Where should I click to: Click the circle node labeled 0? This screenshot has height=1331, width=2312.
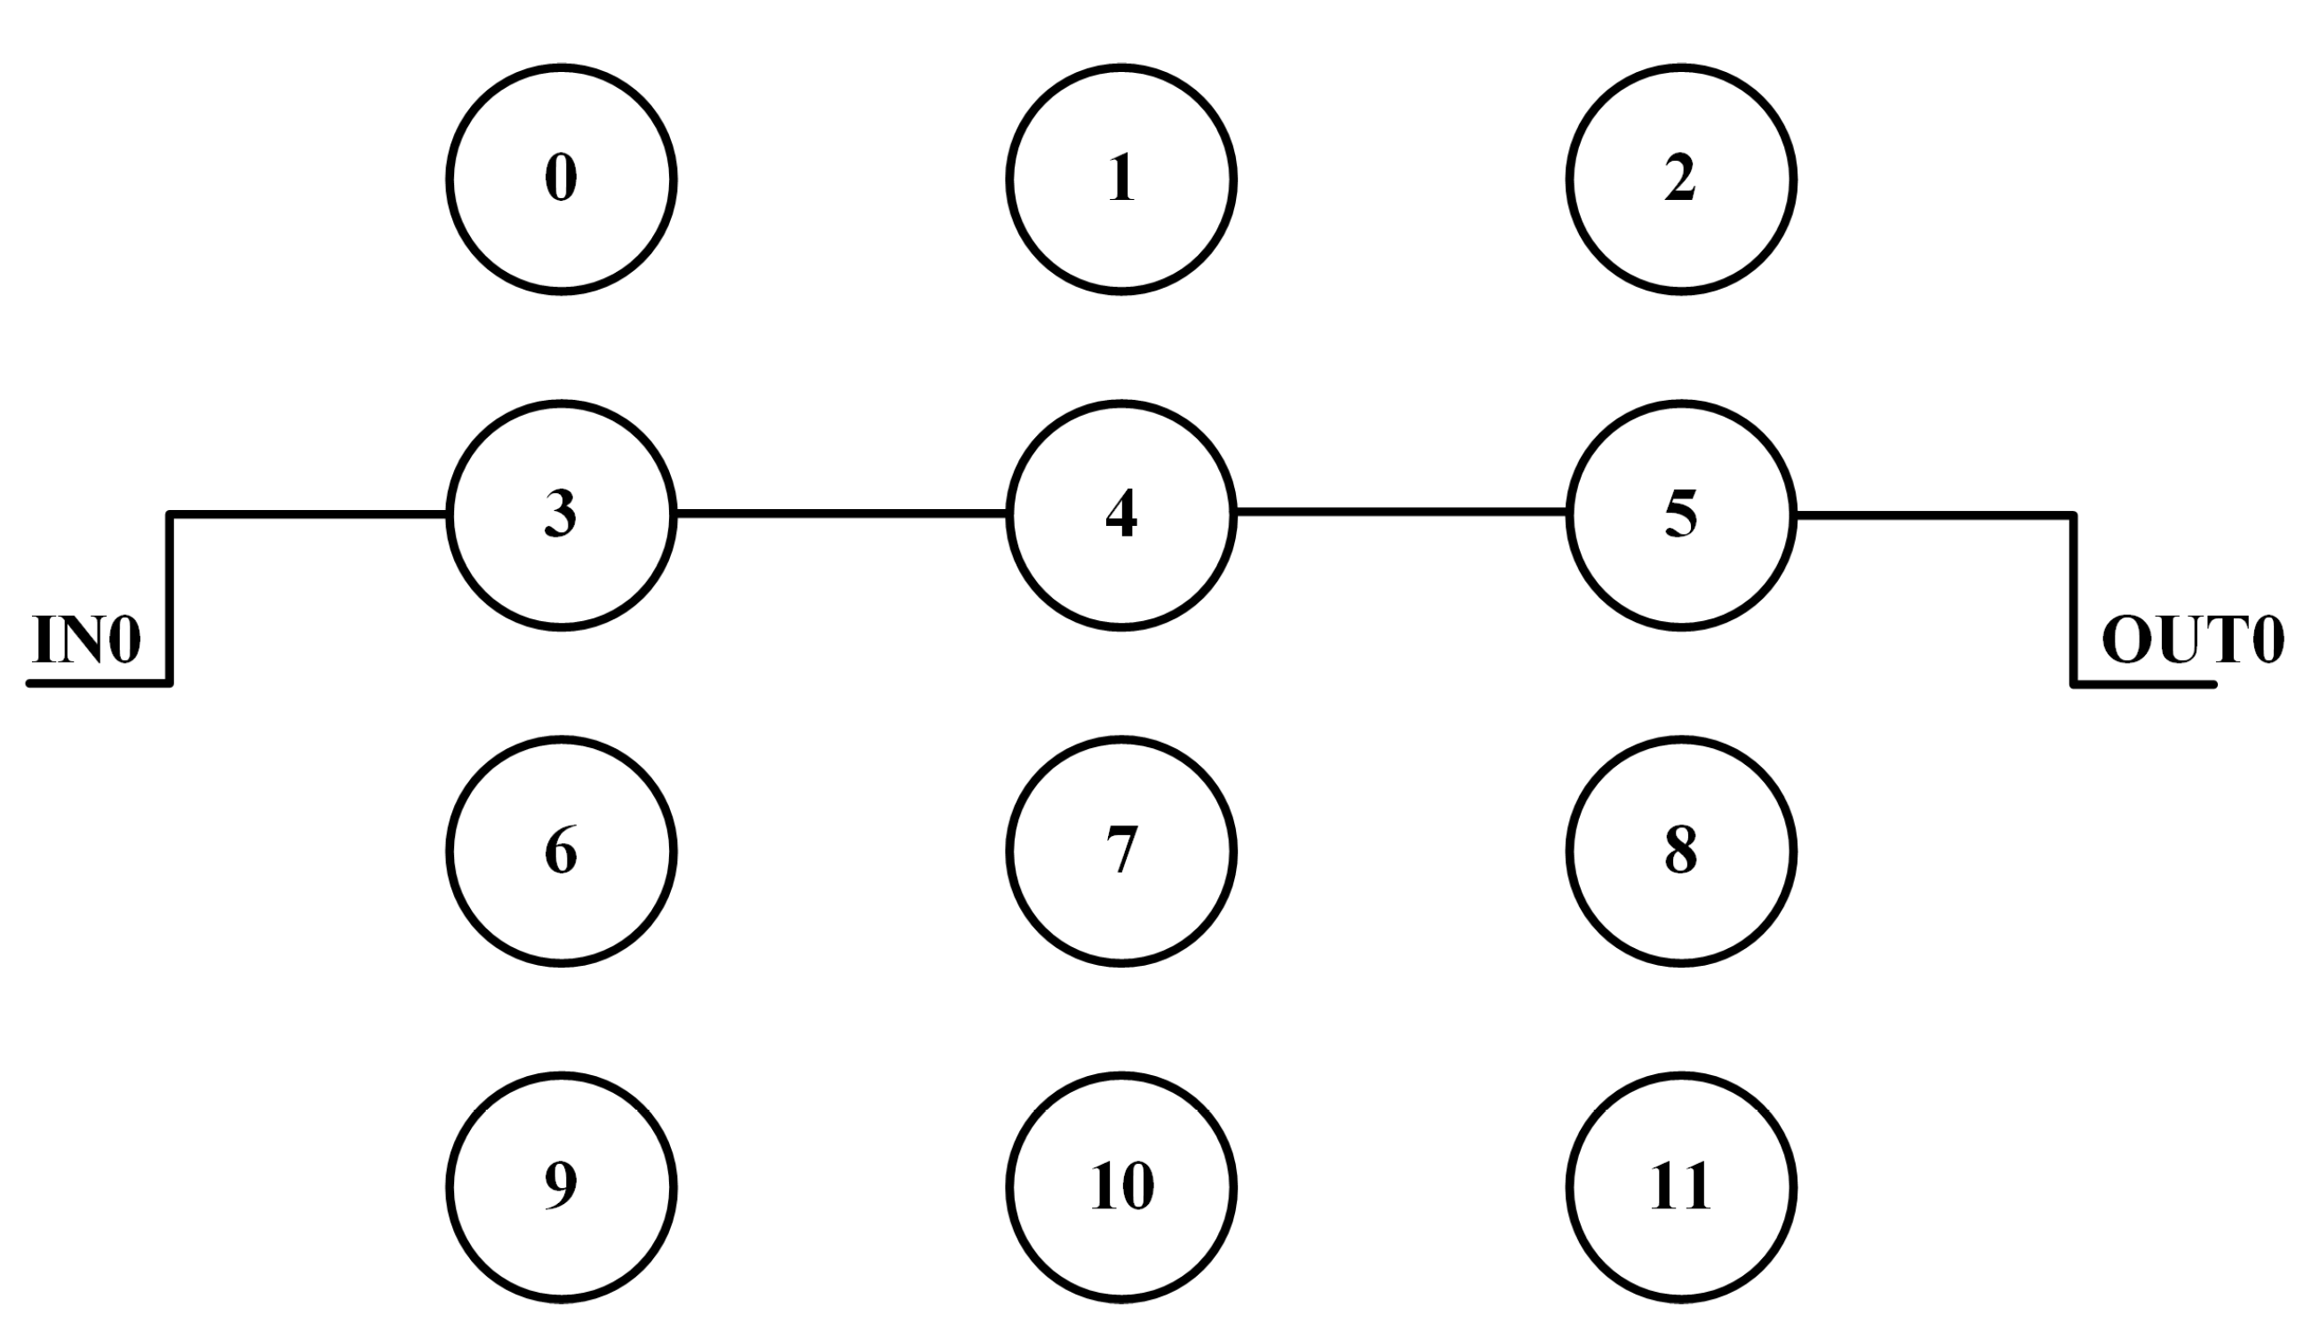click(562, 179)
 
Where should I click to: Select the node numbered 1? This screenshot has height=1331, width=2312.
click(1121, 179)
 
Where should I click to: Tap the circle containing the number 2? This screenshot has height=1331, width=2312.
click(1681, 179)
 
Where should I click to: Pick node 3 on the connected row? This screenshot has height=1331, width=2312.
click(562, 515)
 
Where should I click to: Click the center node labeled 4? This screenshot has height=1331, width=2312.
click(1121, 515)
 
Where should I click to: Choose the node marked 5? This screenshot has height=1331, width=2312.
click(1681, 515)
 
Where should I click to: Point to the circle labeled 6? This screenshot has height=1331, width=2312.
click(562, 851)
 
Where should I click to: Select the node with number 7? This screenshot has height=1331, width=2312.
click(1121, 851)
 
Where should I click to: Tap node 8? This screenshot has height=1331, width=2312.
click(1681, 851)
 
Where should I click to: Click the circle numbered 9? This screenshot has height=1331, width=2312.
click(562, 1186)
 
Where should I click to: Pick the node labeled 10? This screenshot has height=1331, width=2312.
click(1121, 1186)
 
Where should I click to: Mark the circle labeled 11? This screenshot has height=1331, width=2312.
click(1681, 1186)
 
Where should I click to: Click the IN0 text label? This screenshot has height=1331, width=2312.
click(87, 640)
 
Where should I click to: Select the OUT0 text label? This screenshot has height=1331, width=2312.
click(2192, 640)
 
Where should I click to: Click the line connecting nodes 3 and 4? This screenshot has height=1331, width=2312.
click(841, 514)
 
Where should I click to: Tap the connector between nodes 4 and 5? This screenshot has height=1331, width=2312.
click(1401, 512)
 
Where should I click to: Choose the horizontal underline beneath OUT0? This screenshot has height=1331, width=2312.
click(2144, 684)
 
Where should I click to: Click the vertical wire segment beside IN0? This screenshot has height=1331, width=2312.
click(170, 599)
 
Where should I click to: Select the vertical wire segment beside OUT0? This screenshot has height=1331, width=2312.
click(2073, 599)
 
